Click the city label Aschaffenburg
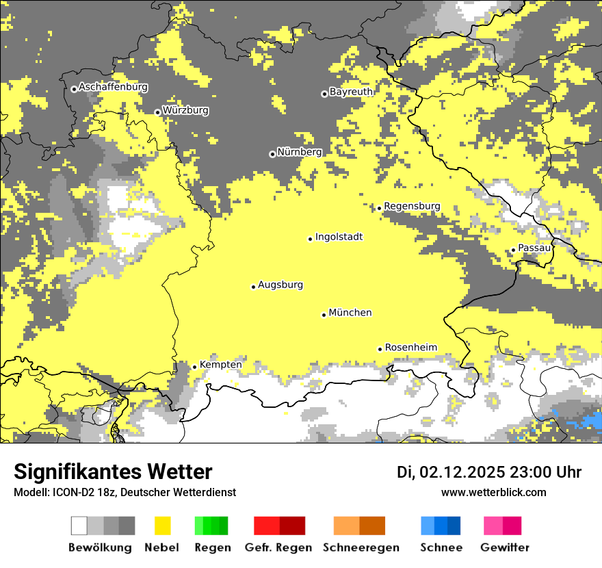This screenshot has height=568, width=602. point(113,87)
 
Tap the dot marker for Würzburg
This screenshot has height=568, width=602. point(157,112)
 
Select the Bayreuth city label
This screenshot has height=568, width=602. point(351,92)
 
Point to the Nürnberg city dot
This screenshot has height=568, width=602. point(272,154)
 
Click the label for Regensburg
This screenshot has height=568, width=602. point(412,206)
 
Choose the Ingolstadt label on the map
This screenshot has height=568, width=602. point(339,237)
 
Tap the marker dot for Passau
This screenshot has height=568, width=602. point(513,250)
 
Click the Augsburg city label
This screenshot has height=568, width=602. point(280,285)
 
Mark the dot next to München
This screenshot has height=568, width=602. point(324,315)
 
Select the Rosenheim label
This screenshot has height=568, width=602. point(410,347)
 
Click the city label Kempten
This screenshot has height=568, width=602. point(220,365)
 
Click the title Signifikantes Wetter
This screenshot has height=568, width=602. point(113,472)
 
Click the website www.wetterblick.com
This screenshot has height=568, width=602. point(493,492)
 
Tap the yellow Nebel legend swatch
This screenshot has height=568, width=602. point(162,526)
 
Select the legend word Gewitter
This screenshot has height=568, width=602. point(505,547)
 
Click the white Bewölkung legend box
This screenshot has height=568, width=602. point(79,526)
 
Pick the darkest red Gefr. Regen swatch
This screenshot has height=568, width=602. point(293,526)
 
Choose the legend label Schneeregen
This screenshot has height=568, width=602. point(361,547)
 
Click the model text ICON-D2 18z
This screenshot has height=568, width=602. point(82,492)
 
